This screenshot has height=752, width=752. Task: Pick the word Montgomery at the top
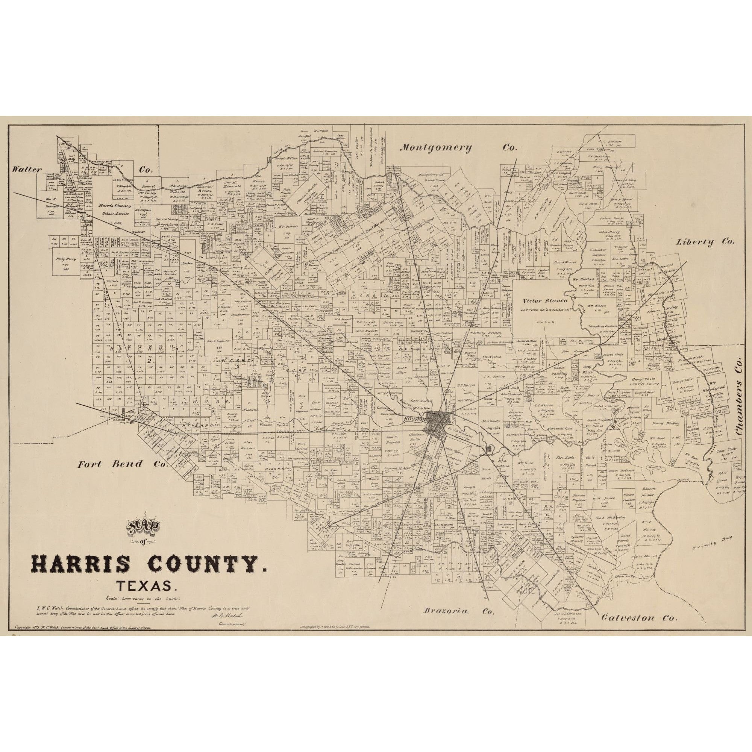(436, 147)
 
